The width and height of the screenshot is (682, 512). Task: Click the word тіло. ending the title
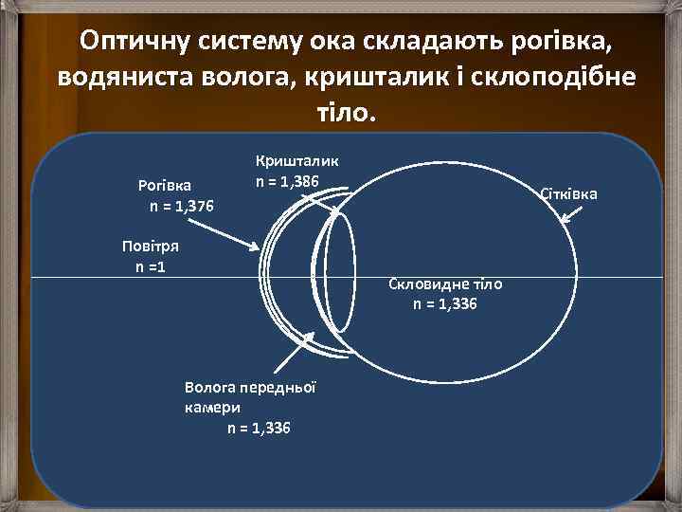tap(341, 112)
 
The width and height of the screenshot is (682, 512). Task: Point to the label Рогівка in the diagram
tap(164, 186)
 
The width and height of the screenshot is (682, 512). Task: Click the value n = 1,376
tap(181, 206)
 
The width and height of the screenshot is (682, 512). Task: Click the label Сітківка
tap(568, 194)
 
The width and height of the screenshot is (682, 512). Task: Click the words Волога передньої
tap(250, 387)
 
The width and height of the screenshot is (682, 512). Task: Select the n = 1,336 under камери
tap(259, 428)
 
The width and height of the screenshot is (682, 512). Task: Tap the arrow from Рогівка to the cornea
tap(222, 235)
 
